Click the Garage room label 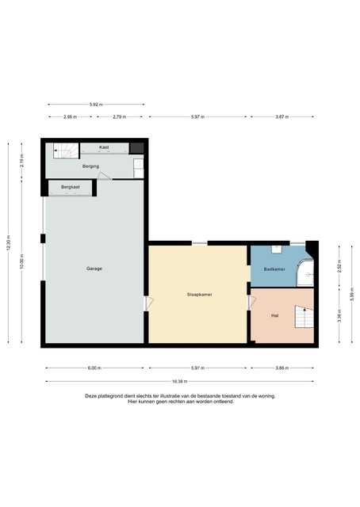[94, 269]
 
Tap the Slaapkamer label [198, 294]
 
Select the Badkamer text [264, 269]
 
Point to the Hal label [274, 314]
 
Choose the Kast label [104, 147]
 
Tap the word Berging [90, 166]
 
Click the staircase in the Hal [304, 318]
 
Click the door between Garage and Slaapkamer [146, 303]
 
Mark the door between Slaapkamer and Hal [250, 302]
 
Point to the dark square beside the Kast [137, 147]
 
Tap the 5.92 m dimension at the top [95, 105]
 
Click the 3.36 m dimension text [339, 318]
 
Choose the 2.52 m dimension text [339, 267]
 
